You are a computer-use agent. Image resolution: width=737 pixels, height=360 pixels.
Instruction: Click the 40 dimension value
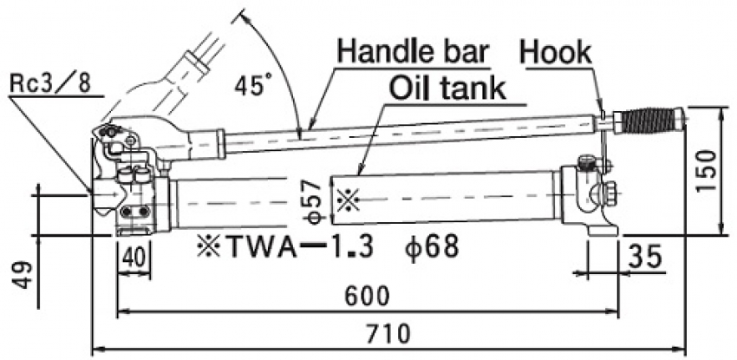pyautogui.click(x=134, y=258)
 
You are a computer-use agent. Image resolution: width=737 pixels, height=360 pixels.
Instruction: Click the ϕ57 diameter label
pyautogui.click(x=317, y=202)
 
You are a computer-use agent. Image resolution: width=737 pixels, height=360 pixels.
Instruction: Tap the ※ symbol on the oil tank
pyautogui.click(x=347, y=200)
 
